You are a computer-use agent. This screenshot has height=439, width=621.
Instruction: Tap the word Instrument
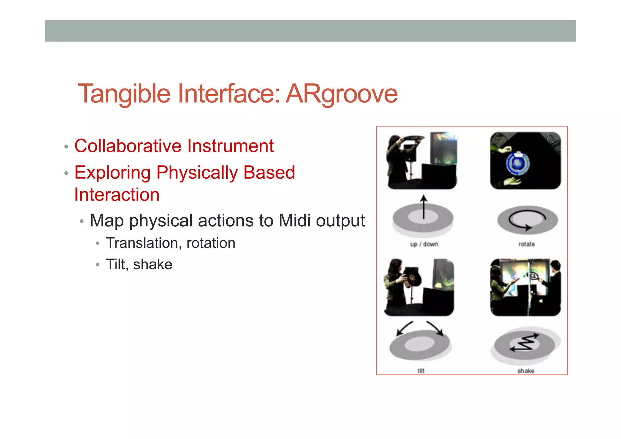pos(230,146)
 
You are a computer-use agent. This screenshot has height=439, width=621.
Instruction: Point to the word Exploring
pos(112,173)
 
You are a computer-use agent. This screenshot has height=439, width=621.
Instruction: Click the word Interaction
pos(117,194)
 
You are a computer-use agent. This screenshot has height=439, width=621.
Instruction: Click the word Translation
pos(142,243)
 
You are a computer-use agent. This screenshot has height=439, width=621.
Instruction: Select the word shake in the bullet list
pos(153,265)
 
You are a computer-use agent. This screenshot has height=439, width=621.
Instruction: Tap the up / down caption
pos(424,244)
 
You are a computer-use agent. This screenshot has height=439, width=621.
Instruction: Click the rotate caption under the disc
pos(526,244)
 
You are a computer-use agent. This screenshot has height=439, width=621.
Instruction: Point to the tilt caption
pos(421,371)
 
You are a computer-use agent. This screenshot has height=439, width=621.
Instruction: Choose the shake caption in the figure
pos(526,371)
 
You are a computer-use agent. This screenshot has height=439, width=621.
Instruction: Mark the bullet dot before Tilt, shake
pos(97,265)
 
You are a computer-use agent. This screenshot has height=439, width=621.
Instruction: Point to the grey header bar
pos(310,31)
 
